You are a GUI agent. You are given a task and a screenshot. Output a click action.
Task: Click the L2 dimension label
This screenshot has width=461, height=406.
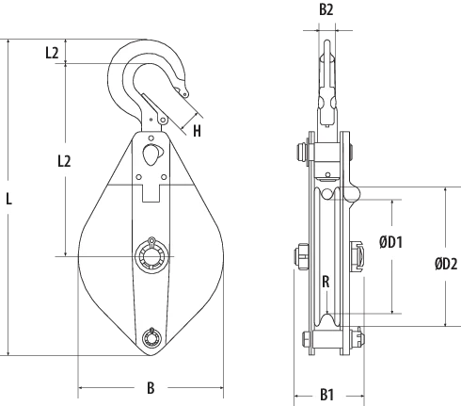click(x=63, y=162)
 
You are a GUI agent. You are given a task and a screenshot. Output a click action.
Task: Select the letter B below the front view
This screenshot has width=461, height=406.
click(x=150, y=385)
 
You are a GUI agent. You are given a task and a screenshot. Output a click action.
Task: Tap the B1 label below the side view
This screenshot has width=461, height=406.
click(x=326, y=394)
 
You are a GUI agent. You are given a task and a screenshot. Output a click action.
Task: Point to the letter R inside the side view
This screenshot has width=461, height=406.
click(x=325, y=281)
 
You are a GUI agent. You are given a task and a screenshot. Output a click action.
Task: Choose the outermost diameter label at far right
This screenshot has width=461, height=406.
click(x=446, y=264)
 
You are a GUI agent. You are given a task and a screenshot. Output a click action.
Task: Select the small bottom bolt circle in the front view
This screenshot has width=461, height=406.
click(x=150, y=339)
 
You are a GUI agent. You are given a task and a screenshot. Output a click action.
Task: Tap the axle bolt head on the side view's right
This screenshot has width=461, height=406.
click(x=358, y=255)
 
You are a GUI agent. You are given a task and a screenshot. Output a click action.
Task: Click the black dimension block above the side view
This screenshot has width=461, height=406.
click(x=326, y=8)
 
